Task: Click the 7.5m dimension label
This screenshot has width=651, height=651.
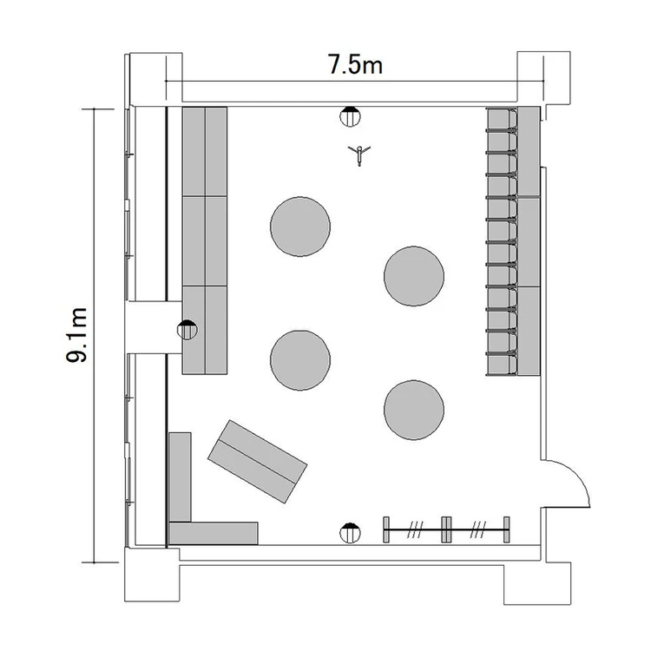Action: click(x=355, y=64)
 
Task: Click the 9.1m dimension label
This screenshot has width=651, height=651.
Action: click(x=76, y=335)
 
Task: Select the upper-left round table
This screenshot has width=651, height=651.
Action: click(x=300, y=227)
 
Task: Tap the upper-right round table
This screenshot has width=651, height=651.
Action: click(x=414, y=276)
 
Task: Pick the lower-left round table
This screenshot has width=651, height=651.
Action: click(x=300, y=360)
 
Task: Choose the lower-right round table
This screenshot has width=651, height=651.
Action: click(x=414, y=410)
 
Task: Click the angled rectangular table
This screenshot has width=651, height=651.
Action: click(x=258, y=461)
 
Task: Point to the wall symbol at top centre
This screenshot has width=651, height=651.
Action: click(x=350, y=116)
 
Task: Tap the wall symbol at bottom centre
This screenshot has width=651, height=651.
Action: click(x=350, y=533)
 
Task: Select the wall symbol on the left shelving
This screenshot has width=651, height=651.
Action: click(x=187, y=330)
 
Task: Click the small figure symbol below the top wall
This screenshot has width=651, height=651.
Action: click(x=359, y=155)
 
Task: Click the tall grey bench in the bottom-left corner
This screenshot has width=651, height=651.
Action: click(x=181, y=477)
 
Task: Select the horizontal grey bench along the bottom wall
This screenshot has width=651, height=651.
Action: click(x=214, y=533)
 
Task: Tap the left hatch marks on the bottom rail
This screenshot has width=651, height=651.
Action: click(x=415, y=529)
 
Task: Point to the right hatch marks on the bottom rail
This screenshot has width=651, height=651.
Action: click(x=478, y=529)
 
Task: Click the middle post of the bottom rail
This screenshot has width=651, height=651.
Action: click(x=446, y=529)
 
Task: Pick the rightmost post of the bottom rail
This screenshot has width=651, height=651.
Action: click(x=507, y=529)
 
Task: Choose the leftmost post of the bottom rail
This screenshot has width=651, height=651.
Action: click(x=386, y=529)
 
